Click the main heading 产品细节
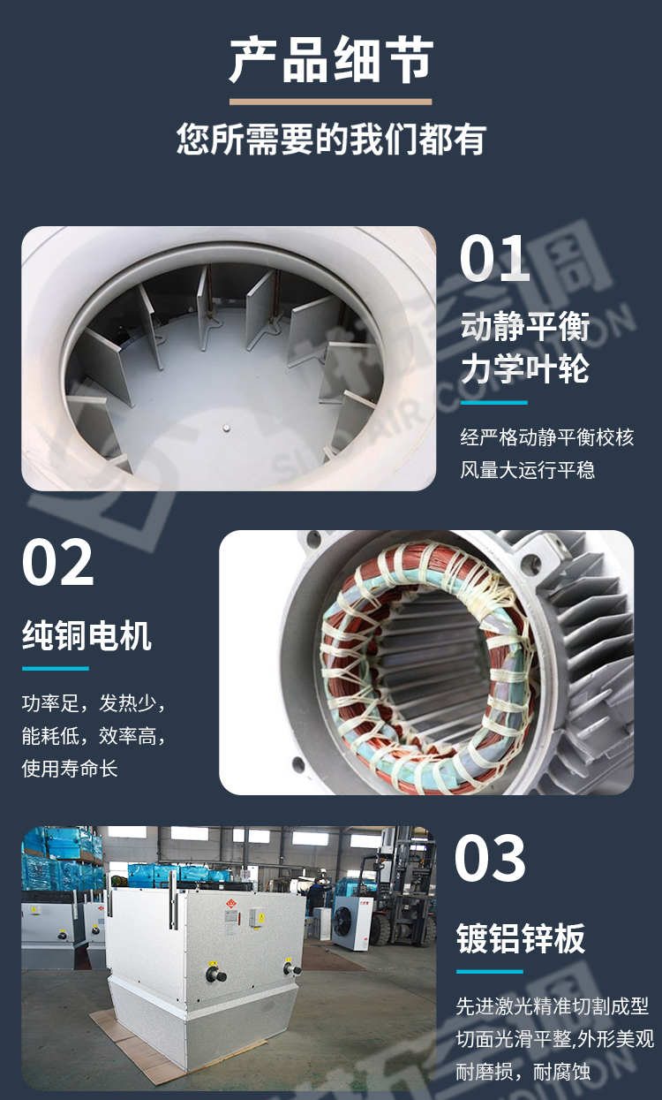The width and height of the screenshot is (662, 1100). [x=331, y=59]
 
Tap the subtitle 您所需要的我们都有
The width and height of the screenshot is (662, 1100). [x=331, y=140]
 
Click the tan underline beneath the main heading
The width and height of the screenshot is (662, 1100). [x=331, y=102]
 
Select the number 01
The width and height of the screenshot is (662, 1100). [x=494, y=258]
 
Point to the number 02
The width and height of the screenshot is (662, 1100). [x=57, y=563]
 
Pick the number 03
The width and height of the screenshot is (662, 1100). [x=491, y=858]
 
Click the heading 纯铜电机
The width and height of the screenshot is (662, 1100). [x=87, y=635]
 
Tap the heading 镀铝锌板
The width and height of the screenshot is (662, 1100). [x=521, y=939]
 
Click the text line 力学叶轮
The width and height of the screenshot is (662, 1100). [x=524, y=368]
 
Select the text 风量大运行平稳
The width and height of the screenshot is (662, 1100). [x=527, y=469]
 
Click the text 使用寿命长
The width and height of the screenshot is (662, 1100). [x=70, y=768]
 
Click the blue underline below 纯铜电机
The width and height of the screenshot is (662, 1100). [x=55, y=668]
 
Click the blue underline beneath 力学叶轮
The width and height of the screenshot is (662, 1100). [x=493, y=402]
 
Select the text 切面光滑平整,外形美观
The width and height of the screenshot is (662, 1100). [x=554, y=1038]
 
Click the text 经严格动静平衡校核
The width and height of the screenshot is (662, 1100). [x=546, y=437]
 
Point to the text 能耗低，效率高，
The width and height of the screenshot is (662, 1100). [x=94, y=736]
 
